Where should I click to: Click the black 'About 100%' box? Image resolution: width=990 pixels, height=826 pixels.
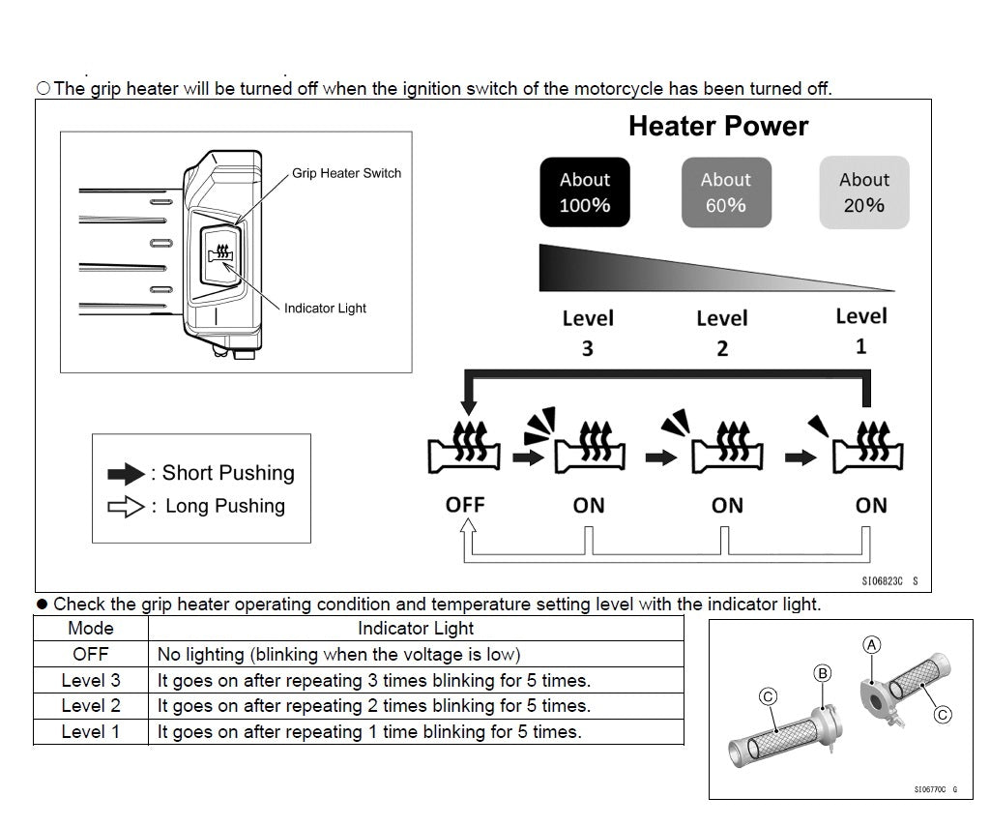(x=584, y=192)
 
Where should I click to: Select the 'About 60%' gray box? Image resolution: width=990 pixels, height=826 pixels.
(x=726, y=192)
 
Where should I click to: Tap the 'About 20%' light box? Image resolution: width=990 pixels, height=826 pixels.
(x=863, y=192)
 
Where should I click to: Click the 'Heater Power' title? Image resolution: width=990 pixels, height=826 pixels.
(x=718, y=126)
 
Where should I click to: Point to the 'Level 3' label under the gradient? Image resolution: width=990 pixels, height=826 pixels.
(x=588, y=333)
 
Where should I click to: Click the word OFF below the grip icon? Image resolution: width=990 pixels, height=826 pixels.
(x=465, y=504)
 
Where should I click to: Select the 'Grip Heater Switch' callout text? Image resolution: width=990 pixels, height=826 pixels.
(x=346, y=173)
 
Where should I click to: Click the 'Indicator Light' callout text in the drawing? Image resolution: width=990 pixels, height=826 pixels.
(x=325, y=309)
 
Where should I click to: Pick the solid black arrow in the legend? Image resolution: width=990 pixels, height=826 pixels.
(x=126, y=474)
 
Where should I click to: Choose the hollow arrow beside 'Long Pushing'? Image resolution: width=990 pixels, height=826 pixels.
(x=126, y=507)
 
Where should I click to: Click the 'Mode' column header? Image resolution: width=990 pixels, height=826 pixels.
(x=91, y=629)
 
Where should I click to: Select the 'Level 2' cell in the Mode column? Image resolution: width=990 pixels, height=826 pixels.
(x=91, y=706)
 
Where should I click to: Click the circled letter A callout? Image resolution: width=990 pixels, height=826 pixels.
(x=873, y=644)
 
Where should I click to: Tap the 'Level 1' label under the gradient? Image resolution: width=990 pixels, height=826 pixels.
(x=860, y=331)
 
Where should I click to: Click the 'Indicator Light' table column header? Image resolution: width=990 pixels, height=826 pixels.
(x=416, y=629)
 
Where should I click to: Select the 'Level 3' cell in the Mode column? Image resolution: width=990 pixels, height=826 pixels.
(x=91, y=680)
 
